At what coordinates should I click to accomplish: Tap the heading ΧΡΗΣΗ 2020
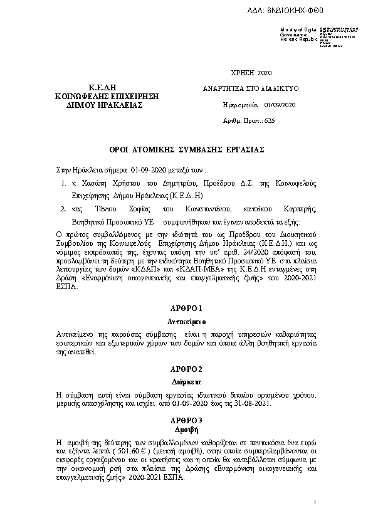(x=252, y=73)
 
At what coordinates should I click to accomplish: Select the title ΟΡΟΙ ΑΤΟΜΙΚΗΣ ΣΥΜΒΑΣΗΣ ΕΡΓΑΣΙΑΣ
(x=186, y=150)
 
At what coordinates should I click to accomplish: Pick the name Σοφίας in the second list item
(x=140, y=209)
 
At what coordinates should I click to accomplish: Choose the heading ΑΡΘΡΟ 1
(x=186, y=309)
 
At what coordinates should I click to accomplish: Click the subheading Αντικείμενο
(x=186, y=322)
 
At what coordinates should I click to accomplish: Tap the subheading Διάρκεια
(x=186, y=381)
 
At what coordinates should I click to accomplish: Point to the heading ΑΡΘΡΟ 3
(x=186, y=419)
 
